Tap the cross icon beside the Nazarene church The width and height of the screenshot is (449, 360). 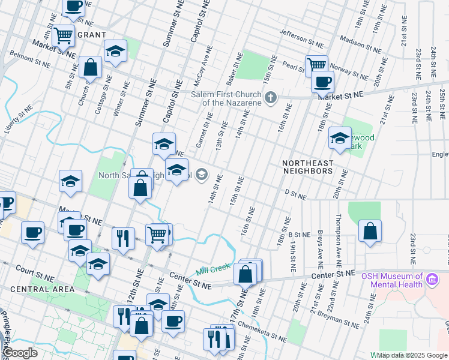click(x=271, y=97)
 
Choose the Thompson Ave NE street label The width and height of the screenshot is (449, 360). click(x=339, y=240)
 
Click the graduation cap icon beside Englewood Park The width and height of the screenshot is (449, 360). click(x=339, y=139)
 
